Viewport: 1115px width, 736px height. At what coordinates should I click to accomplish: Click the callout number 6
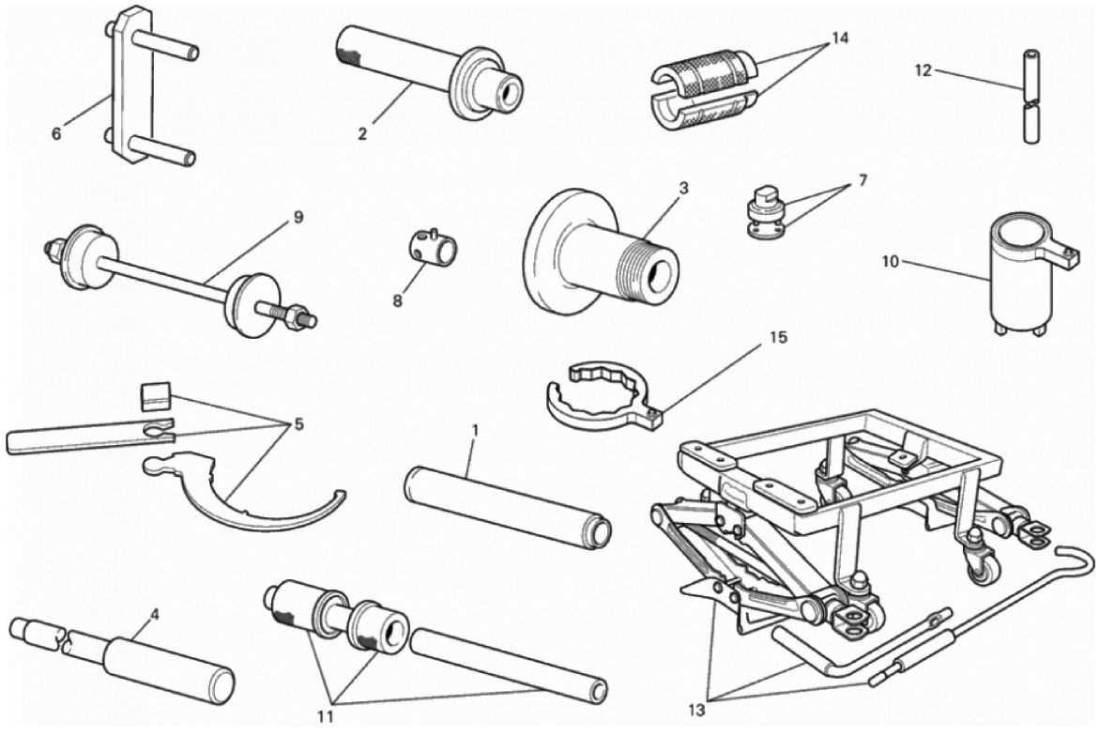coord(57,132)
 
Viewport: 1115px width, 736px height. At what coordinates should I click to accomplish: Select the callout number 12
coord(923,70)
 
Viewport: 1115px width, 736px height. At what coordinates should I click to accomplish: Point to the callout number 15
coord(779,337)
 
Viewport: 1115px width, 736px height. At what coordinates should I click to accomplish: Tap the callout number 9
coord(298,218)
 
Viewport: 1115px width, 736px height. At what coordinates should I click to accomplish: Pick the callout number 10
coord(891,262)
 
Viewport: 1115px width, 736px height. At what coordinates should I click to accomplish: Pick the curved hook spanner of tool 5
coord(242,491)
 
